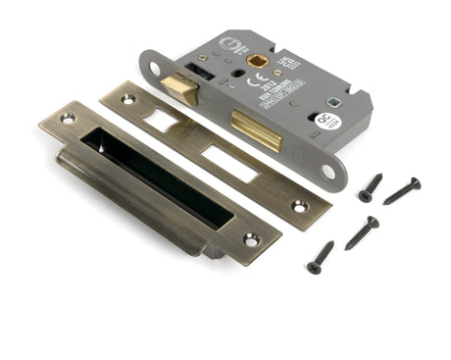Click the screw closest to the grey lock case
click(371, 187)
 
